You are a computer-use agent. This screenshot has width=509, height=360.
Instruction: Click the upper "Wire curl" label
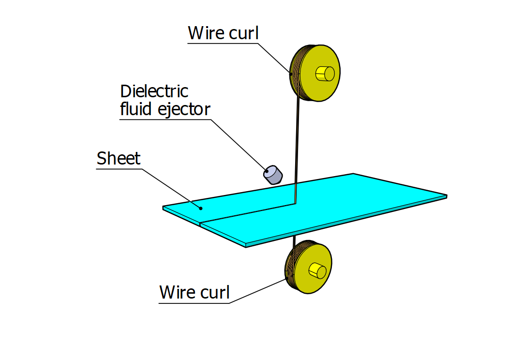(223, 33)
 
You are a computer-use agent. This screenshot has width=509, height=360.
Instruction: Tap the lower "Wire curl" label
(194, 292)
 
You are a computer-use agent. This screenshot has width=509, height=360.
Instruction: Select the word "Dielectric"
(154, 91)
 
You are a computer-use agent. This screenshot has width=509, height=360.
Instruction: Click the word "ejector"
(184, 109)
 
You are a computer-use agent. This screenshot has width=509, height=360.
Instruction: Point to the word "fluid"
(136, 109)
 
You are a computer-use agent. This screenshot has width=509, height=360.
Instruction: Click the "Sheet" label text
(119, 159)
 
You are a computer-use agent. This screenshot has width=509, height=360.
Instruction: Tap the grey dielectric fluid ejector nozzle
(272, 175)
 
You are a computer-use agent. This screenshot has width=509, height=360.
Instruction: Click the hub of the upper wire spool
(325, 73)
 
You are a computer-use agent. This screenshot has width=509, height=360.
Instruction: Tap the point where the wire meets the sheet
(295, 204)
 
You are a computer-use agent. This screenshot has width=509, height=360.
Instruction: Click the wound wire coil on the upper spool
(295, 73)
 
